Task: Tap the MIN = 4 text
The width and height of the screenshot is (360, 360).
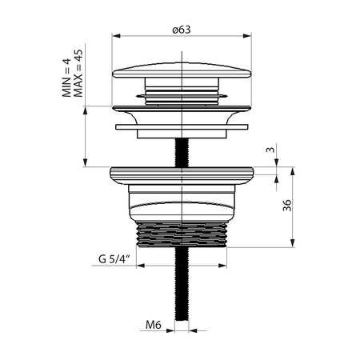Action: pos(67,77)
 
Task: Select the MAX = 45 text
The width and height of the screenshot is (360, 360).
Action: pos(78,74)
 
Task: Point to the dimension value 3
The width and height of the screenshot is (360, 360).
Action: pos(271,150)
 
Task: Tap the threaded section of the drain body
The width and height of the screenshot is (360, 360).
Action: pos(182,235)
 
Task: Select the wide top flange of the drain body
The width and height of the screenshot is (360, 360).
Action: pos(183,171)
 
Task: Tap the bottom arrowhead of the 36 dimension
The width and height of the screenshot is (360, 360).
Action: pos(297,246)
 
